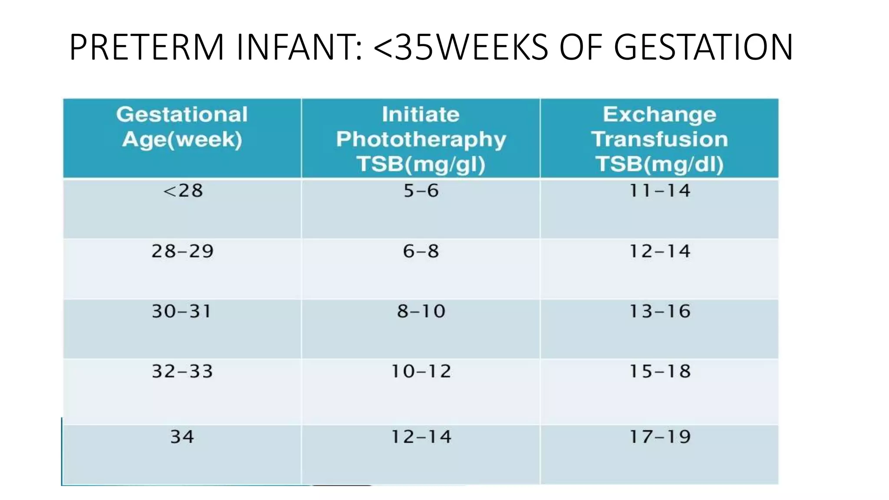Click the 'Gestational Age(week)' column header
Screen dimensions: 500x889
pyautogui.click(x=182, y=127)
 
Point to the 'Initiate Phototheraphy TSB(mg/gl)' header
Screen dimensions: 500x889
pyautogui.click(x=421, y=139)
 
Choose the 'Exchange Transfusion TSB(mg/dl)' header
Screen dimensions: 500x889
pyautogui.click(x=659, y=139)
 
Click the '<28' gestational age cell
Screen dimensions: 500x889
pyautogui.click(x=183, y=191)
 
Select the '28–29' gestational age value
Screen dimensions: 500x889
pyautogui.click(x=182, y=251)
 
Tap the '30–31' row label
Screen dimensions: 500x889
pyautogui.click(x=182, y=312)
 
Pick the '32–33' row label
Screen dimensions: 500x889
pyautogui.click(x=182, y=372)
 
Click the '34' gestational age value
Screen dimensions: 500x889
pyautogui.click(x=182, y=437)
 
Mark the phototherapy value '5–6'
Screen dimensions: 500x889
pyautogui.click(x=421, y=191)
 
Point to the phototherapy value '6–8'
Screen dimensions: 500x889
pyautogui.click(x=421, y=251)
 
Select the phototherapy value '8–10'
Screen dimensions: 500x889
pyautogui.click(x=421, y=312)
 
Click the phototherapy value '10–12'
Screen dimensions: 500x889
pyautogui.click(x=421, y=372)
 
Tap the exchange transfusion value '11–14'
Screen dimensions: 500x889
pyautogui.click(x=660, y=191)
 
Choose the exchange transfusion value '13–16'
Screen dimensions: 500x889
pyautogui.click(x=660, y=312)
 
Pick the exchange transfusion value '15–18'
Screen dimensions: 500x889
pyautogui.click(x=660, y=372)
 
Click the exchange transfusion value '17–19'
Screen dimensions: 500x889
pyautogui.click(x=660, y=437)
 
